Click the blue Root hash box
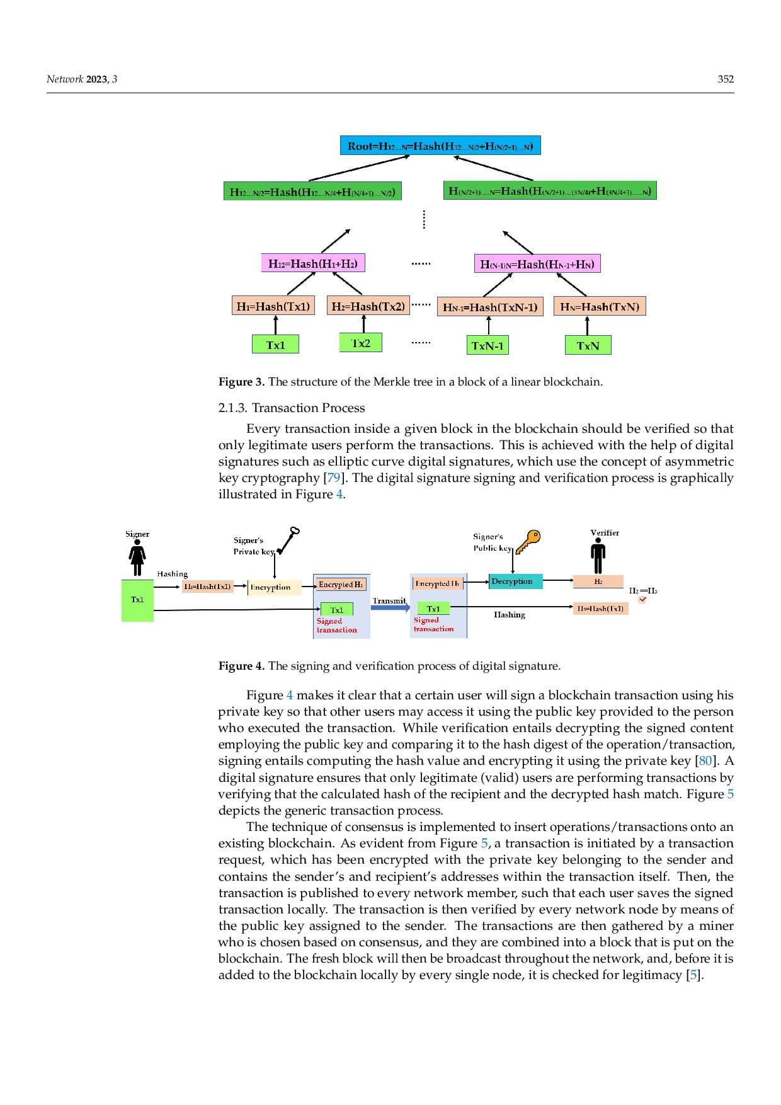[x=440, y=146]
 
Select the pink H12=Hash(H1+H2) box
[x=313, y=263]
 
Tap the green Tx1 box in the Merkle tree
[x=275, y=345]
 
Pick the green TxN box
[x=588, y=345]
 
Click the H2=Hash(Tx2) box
[x=368, y=306]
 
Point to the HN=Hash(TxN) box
[x=600, y=307]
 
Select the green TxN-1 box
[x=487, y=345]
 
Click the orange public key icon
[x=528, y=541]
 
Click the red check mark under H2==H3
[x=642, y=600]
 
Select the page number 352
[x=726, y=79]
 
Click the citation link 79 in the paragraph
[x=333, y=478]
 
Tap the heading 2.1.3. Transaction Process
[x=292, y=408]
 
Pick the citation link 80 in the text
[x=705, y=760]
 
